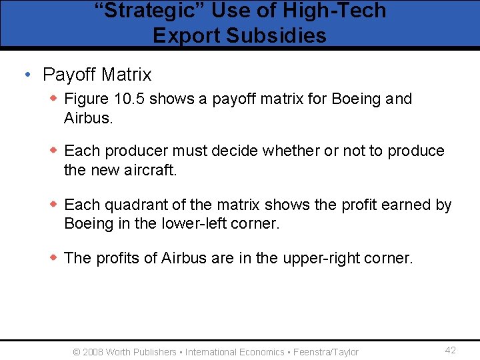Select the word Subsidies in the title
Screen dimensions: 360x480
tap(275, 35)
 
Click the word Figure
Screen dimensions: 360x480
tap(86, 99)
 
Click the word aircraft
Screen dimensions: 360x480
tap(151, 170)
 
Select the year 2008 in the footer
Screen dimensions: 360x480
tap(93, 352)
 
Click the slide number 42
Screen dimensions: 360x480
tap(450, 351)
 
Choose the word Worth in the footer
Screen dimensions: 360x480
tap(118, 352)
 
